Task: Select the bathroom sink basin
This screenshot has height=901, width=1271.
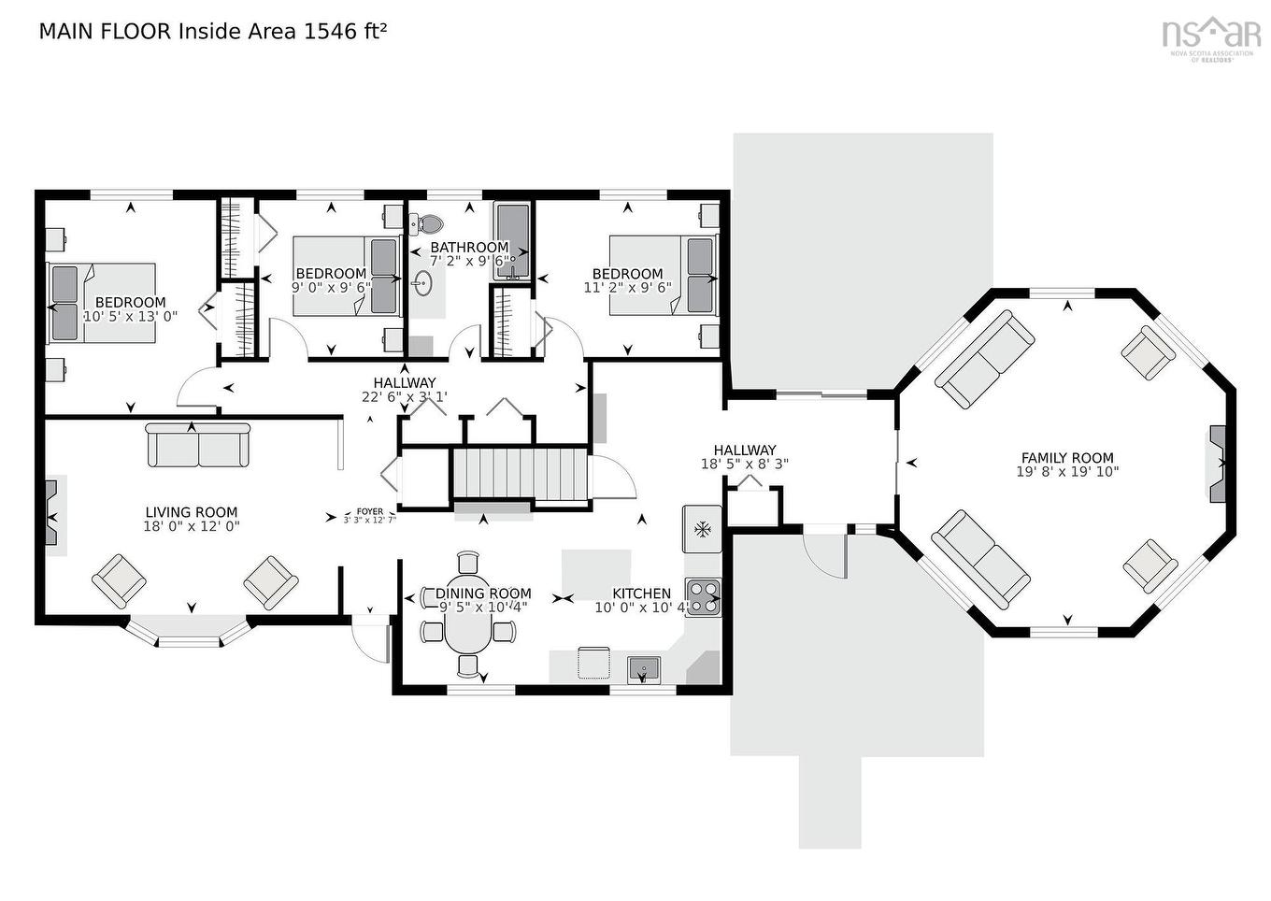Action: tap(422, 283)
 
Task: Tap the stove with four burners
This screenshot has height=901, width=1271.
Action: tap(704, 596)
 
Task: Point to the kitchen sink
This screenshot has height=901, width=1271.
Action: tap(644, 668)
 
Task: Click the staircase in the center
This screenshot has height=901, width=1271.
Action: tap(519, 475)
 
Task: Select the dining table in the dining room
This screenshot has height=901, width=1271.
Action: tap(468, 614)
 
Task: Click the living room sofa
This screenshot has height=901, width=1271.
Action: tap(198, 445)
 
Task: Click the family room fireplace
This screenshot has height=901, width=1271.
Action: tap(1218, 464)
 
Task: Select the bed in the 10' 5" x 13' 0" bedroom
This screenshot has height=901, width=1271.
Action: tap(102, 302)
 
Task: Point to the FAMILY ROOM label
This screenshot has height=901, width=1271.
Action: tap(1067, 458)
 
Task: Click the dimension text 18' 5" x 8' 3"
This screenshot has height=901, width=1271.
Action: tap(745, 464)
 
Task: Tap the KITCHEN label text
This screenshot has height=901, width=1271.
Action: tap(641, 594)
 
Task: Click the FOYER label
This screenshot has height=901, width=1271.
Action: tap(369, 511)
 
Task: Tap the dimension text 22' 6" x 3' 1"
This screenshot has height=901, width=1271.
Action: tap(404, 396)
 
